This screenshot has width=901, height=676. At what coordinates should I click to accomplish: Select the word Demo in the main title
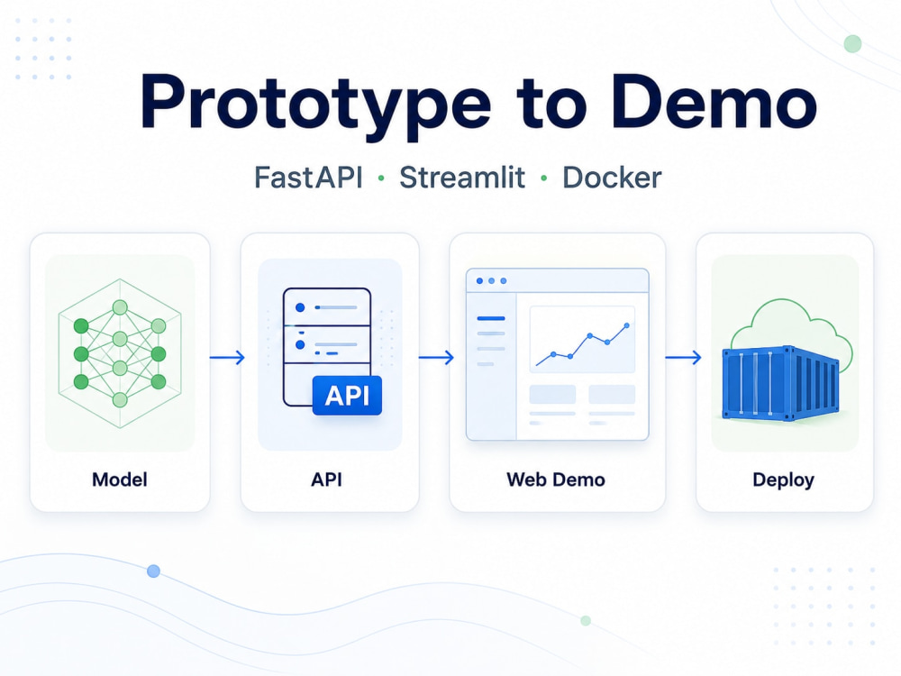[x=714, y=101]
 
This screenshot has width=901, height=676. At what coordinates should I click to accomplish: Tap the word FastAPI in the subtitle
[x=308, y=178]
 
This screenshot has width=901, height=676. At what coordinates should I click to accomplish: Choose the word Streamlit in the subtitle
[x=462, y=178]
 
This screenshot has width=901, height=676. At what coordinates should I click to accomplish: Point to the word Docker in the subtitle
[x=612, y=178]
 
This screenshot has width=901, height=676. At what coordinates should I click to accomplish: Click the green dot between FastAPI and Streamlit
[x=381, y=178]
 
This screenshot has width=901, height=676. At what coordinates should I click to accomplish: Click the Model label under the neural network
[x=120, y=480]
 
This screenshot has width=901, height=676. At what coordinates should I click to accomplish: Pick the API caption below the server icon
[x=326, y=480]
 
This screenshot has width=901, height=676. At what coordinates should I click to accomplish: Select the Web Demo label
[x=556, y=480]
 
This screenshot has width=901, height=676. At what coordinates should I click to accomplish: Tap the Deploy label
[x=783, y=480]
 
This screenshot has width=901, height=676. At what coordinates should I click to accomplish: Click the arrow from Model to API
[x=227, y=358]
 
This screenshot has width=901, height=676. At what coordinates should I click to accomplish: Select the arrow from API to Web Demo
[x=436, y=358]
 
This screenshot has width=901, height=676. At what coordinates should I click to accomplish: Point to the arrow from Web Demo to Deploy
[x=683, y=358]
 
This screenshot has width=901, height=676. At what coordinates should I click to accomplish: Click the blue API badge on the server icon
[x=347, y=396]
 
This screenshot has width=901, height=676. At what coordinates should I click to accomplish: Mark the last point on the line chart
[x=627, y=326]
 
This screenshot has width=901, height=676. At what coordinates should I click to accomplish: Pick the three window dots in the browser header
[x=491, y=281]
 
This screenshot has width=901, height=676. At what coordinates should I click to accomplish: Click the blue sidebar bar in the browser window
[x=491, y=318]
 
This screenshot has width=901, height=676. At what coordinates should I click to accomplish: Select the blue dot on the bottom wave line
[x=153, y=571]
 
